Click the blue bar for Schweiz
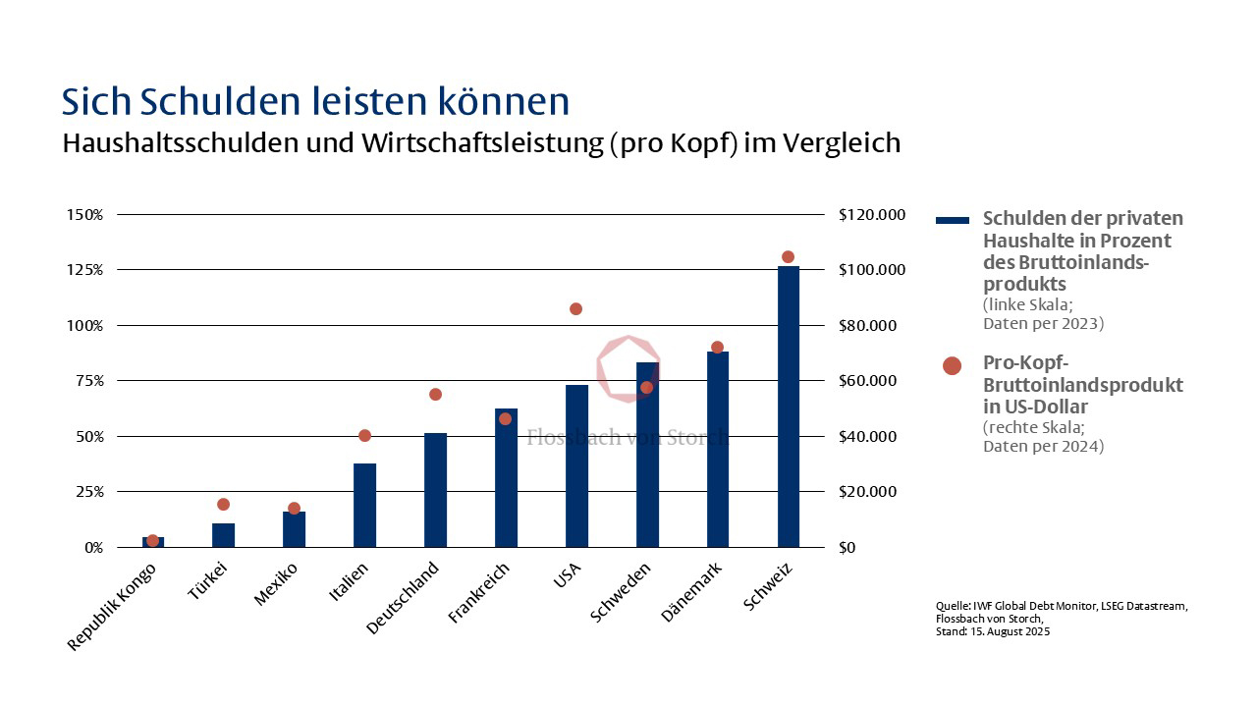click(788, 407)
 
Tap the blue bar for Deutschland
click(435, 490)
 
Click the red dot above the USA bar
click(575, 309)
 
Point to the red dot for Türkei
click(223, 505)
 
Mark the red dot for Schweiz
click(788, 257)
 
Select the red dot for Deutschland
click(435, 395)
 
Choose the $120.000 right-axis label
click(871, 215)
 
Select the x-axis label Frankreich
click(479, 593)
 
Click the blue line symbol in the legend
click(952, 220)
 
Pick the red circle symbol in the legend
click(952, 365)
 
